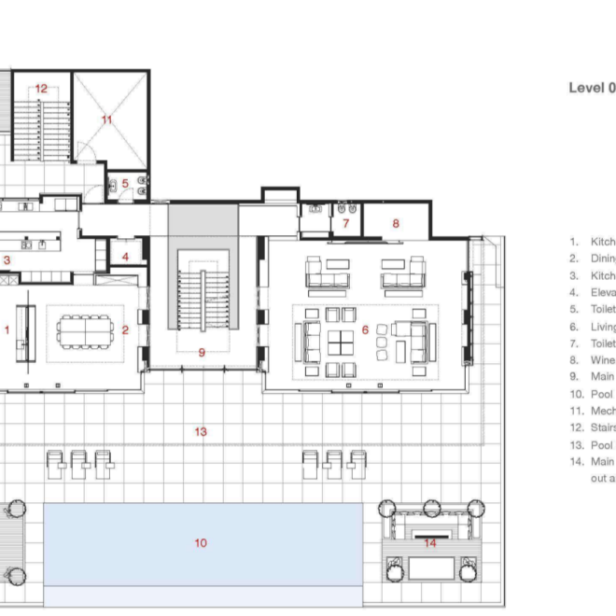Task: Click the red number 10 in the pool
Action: pos(201,543)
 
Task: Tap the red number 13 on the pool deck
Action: pos(201,431)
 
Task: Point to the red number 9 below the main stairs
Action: pos(201,352)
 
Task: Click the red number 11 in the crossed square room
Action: pos(107,119)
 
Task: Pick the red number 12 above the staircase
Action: pos(41,89)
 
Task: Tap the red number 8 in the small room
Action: pos(396,224)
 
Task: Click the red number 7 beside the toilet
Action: pos(343,224)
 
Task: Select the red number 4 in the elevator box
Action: pos(125,255)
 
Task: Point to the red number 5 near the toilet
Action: pos(125,183)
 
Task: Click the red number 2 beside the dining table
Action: pos(125,329)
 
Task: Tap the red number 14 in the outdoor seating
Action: pos(430,542)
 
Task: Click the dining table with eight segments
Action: pos(85,329)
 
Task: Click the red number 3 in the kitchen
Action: pos(7,260)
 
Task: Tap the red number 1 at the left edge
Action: pos(7,329)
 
